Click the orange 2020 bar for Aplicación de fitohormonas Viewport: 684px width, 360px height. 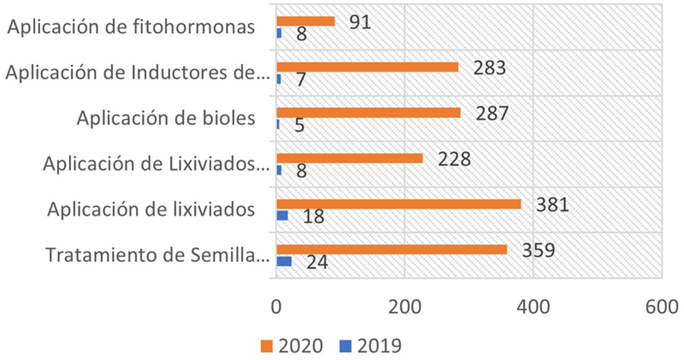(x=305, y=21)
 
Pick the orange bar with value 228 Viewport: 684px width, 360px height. (x=349, y=158)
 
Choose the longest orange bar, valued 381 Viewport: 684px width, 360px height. (x=398, y=204)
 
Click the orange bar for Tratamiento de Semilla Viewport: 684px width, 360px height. (x=391, y=249)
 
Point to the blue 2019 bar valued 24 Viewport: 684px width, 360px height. (x=284, y=261)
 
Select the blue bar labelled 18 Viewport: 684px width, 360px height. (x=282, y=216)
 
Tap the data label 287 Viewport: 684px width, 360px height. (x=492, y=113)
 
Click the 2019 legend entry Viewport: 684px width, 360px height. (x=374, y=346)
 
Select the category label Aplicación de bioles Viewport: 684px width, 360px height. (x=165, y=118)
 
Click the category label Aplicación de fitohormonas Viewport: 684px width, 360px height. (x=131, y=27)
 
